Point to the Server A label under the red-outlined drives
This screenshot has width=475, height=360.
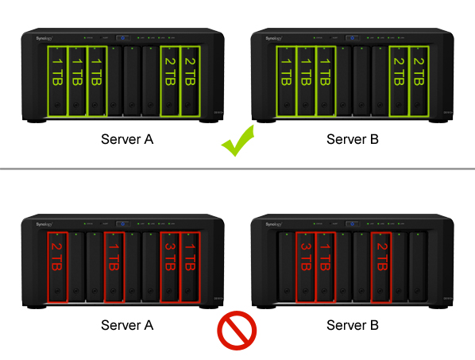127,325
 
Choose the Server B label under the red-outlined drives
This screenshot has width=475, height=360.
353,325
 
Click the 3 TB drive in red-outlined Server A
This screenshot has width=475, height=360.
170,266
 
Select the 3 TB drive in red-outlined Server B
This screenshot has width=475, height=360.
306,266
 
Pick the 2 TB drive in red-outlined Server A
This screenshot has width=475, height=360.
57,266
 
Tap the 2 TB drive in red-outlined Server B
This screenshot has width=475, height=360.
381,266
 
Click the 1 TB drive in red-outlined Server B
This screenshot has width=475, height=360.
325,266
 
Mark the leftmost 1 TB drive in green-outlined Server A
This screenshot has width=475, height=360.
57,80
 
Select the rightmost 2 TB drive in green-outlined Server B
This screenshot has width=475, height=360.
419,80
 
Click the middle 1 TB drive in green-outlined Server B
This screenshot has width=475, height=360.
306,80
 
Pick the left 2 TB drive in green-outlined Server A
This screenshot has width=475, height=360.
170,80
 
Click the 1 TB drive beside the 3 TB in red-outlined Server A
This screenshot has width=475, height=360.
189,266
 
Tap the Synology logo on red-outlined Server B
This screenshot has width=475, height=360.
272,223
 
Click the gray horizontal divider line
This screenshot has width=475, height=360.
237,168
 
